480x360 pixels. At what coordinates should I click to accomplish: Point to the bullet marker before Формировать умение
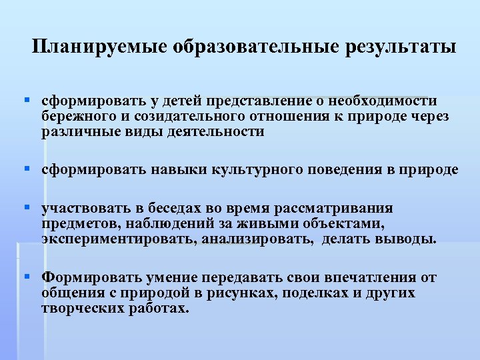[x=27, y=276]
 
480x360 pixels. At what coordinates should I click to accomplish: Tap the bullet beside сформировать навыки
[x=27, y=169]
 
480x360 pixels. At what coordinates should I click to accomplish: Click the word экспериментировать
[x=117, y=239]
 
